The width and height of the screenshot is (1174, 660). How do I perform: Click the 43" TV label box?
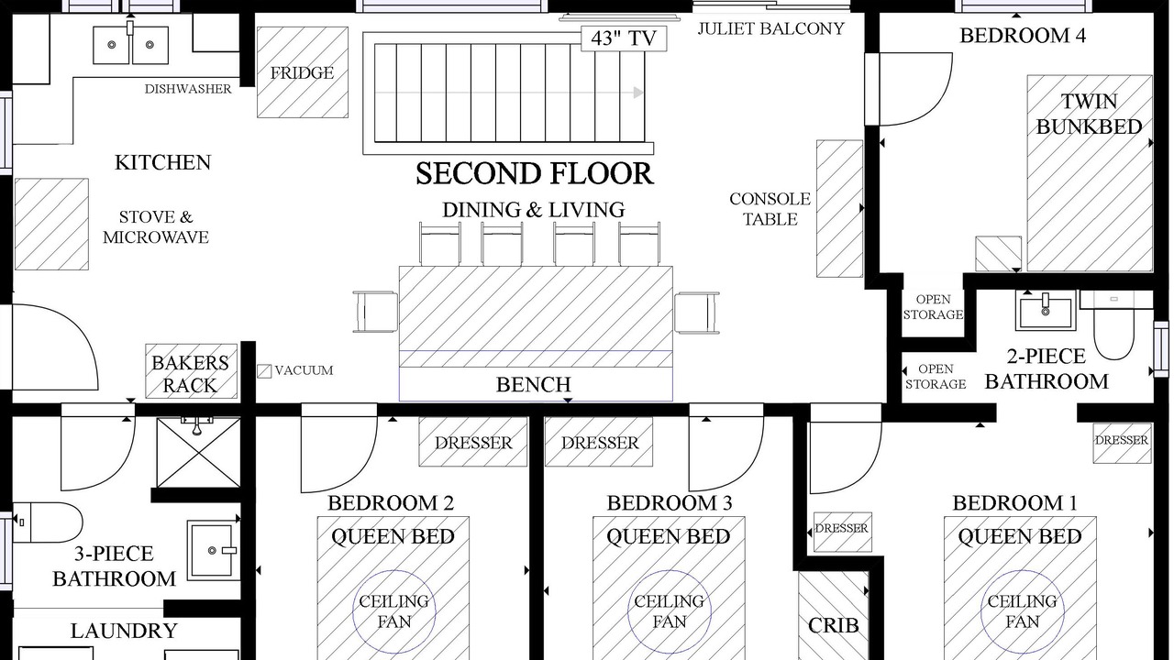point(624,38)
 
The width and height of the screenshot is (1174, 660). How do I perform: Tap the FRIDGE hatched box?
point(303,72)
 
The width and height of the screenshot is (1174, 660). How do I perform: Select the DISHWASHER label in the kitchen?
point(188,89)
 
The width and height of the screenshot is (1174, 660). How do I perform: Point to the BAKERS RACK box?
point(192,371)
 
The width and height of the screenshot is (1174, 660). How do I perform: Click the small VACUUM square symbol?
point(264,371)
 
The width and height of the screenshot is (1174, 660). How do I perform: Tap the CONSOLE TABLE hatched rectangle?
point(839,208)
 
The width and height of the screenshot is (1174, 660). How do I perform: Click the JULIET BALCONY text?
point(771,28)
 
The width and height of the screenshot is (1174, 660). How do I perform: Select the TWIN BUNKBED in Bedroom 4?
point(1090,173)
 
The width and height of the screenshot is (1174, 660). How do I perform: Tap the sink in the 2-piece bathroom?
point(1046,311)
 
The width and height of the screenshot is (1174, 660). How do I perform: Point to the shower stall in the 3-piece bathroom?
point(199,453)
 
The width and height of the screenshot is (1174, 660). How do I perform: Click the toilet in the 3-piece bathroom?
point(47,522)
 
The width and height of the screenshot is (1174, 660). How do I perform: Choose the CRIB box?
point(834,615)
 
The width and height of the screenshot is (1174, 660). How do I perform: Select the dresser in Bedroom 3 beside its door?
point(599,442)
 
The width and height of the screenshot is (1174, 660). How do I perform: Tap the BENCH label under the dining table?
point(534,384)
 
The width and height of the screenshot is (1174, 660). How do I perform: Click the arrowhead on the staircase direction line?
point(638,93)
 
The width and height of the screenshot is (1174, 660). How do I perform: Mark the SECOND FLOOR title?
point(535,174)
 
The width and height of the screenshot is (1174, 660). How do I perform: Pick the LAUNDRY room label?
point(124,632)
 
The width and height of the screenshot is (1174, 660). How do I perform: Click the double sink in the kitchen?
point(131,45)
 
